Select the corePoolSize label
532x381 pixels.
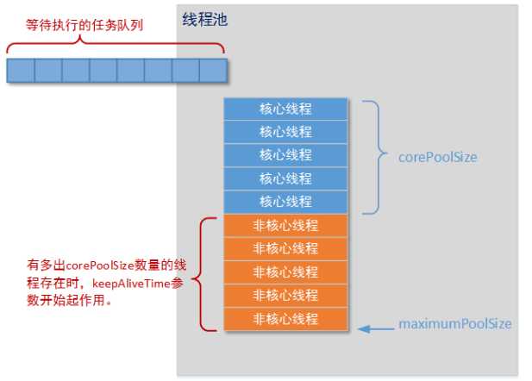click(437, 158)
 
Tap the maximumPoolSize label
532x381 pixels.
click(454, 325)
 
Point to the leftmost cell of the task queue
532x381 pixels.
click(21, 70)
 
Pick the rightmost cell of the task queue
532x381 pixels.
click(213, 70)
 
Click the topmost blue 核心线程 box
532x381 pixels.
click(285, 109)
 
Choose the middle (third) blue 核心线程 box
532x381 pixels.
click(285, 156)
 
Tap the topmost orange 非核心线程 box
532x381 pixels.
click(285, 226)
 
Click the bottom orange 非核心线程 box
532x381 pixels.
click(285, 319)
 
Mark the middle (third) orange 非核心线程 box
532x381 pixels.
click(285, 272)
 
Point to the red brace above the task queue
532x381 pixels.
click(116, 45)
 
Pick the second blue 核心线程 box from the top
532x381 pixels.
click(285, 133)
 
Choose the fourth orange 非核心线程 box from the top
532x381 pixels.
click(285, 296)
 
